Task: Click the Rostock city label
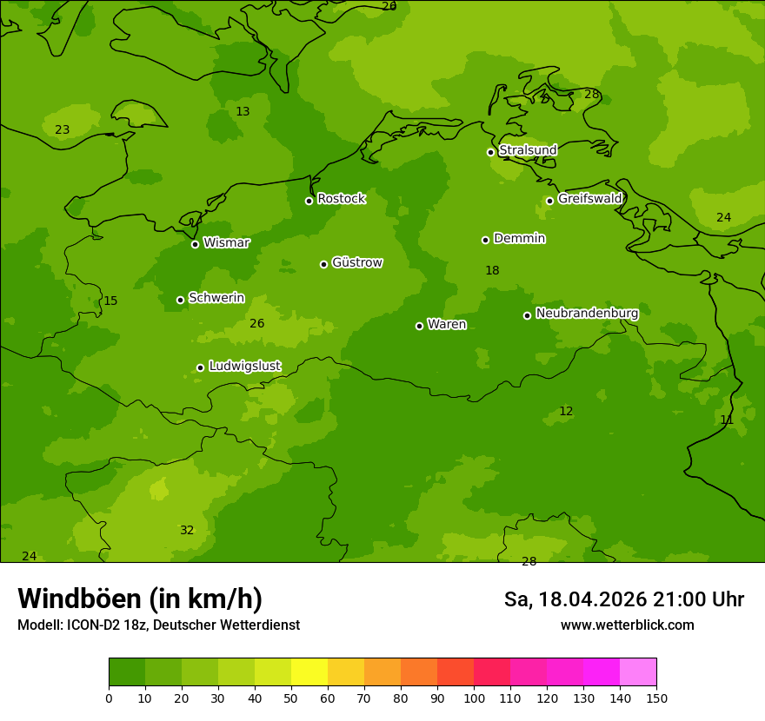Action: click(x=341, y=199)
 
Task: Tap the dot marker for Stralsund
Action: click(x=490, y=152)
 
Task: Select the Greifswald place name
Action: click(x=589, y=199)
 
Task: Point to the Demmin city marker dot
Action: click(x=485, y=240)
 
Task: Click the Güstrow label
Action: click(x=356, y=262)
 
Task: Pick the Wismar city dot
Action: click(x=195, y=244)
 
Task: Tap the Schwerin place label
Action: click(x=216, y=298)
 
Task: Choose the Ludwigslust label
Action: click(x=244, y=367)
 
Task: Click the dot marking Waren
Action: click(x=419, y=326)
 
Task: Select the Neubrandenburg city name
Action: click(x=587, y=313)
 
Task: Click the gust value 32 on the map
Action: click(x=187, y=530)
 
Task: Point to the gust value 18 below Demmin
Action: click(x=492, y=270)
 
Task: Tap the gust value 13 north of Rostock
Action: click(x=243, y=111)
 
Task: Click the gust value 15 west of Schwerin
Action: click(x=110, y=301)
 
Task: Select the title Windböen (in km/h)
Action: click(x=140, y=599)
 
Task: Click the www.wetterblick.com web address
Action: click(x=627, y=625)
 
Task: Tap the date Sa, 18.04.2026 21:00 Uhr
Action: click(x=623, y=599)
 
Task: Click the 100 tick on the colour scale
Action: click(x=474, y=698)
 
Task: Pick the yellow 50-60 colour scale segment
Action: click(x=309, y=672)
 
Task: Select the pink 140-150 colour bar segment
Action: click(x=638, y=672)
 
